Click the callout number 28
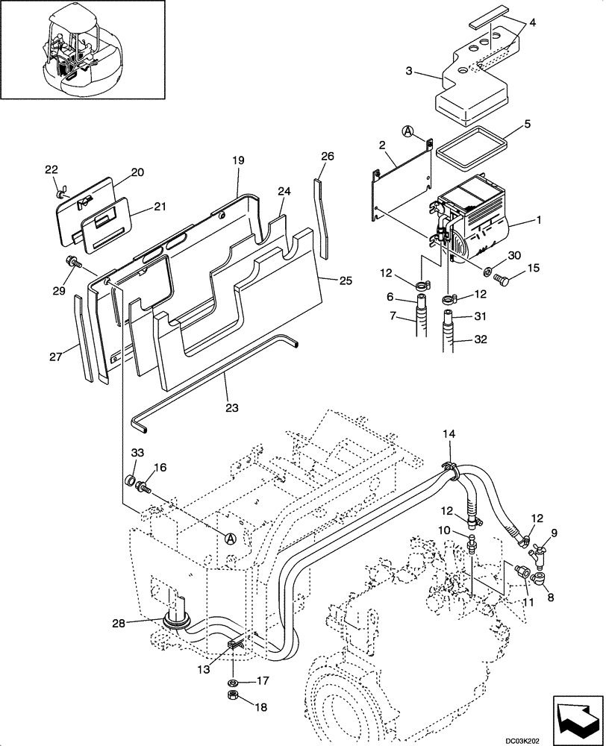click(140, 624)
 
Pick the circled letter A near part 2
click(408, 131)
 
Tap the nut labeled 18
click(231, 697)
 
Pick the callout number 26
click(328, 157)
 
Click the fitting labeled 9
click(537, 556)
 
